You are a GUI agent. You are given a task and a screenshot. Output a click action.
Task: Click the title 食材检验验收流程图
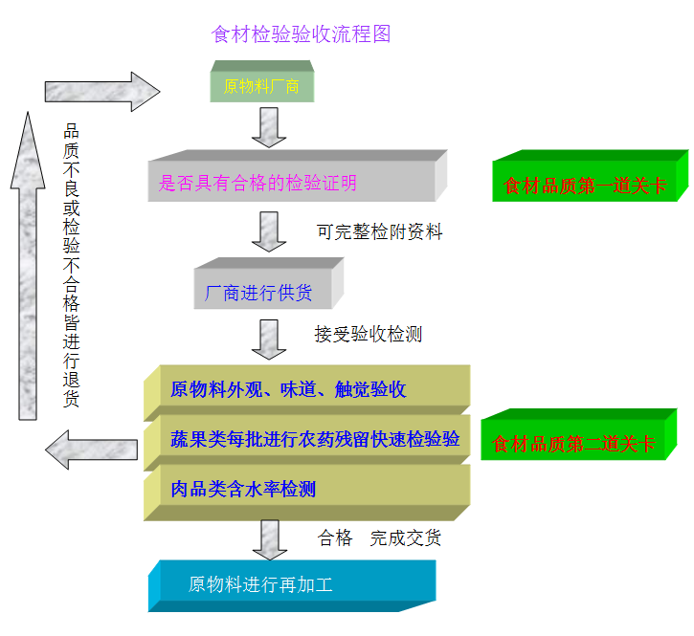301,34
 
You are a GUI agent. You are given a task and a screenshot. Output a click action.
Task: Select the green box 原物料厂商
261,86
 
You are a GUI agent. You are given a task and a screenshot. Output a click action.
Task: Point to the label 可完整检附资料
379,232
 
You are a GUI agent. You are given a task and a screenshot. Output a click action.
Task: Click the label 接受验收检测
368,335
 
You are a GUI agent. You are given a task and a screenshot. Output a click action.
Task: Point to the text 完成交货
406,538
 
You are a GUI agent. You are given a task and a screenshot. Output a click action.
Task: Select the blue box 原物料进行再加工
287,584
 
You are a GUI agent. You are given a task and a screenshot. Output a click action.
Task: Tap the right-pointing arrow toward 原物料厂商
101,91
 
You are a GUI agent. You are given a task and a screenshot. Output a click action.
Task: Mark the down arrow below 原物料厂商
269,126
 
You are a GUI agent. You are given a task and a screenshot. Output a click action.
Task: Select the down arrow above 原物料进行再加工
269,539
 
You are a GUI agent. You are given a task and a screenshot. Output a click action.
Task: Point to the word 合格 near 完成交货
335,538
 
